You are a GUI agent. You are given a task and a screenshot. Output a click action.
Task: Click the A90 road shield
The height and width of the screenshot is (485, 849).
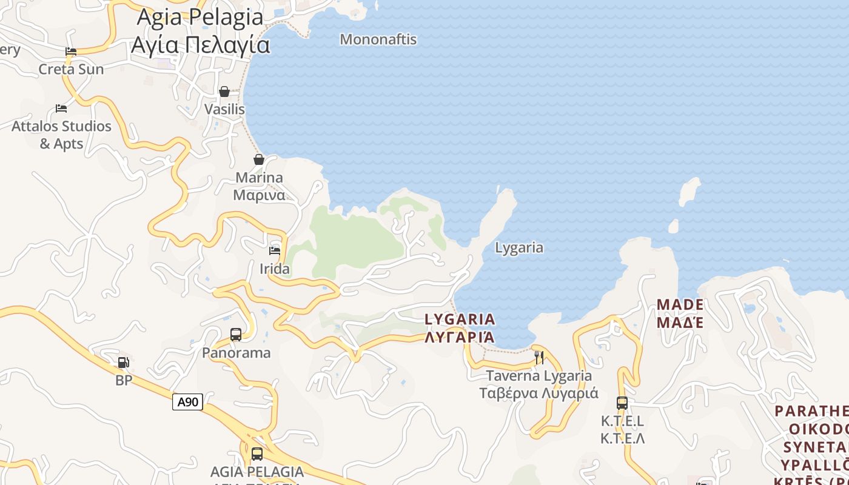(187, 401)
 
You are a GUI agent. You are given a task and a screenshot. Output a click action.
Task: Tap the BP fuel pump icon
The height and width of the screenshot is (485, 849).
(123, 363)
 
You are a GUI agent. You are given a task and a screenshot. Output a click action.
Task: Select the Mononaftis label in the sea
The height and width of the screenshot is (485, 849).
(378, 39)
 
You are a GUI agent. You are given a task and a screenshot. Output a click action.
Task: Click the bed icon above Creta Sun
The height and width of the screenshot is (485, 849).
(71, 52)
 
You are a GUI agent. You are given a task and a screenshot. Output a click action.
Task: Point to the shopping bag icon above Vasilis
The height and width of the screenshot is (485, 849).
(224, 92)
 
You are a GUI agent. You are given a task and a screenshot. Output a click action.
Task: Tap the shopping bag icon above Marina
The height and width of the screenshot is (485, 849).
(259, 159)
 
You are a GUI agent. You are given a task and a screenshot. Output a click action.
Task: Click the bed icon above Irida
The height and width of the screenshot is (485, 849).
(275, 250)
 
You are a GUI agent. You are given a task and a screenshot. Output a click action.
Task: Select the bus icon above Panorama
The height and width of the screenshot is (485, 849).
(236, 334)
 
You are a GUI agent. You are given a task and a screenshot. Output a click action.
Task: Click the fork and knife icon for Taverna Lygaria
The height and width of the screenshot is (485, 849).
(539, 357)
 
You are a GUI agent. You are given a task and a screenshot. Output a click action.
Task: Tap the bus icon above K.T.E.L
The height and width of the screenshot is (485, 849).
(622, 403)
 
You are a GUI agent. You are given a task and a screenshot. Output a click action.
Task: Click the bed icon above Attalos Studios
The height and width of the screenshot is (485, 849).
(61, 109)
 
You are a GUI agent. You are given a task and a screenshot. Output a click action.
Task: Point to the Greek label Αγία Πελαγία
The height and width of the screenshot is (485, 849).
(201, 45)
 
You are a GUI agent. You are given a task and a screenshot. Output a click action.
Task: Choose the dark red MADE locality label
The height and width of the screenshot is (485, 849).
(680, 304)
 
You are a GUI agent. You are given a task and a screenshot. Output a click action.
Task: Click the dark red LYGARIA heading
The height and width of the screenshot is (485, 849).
(460, 319)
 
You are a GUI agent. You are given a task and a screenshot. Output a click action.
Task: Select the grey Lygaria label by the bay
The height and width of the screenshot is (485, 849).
(519, 247)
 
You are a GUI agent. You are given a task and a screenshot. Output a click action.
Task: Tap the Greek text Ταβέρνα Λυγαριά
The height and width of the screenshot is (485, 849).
(539, 393)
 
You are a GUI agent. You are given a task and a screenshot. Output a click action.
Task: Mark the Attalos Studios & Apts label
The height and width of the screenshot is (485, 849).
(62, 135)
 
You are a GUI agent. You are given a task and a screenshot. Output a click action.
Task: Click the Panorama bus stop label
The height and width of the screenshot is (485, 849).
(237, 352)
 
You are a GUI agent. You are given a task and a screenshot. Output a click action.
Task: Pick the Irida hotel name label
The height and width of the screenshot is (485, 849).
(275, 269)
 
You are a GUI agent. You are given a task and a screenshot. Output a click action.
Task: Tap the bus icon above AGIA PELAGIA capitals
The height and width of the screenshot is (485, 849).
(257, 453)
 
